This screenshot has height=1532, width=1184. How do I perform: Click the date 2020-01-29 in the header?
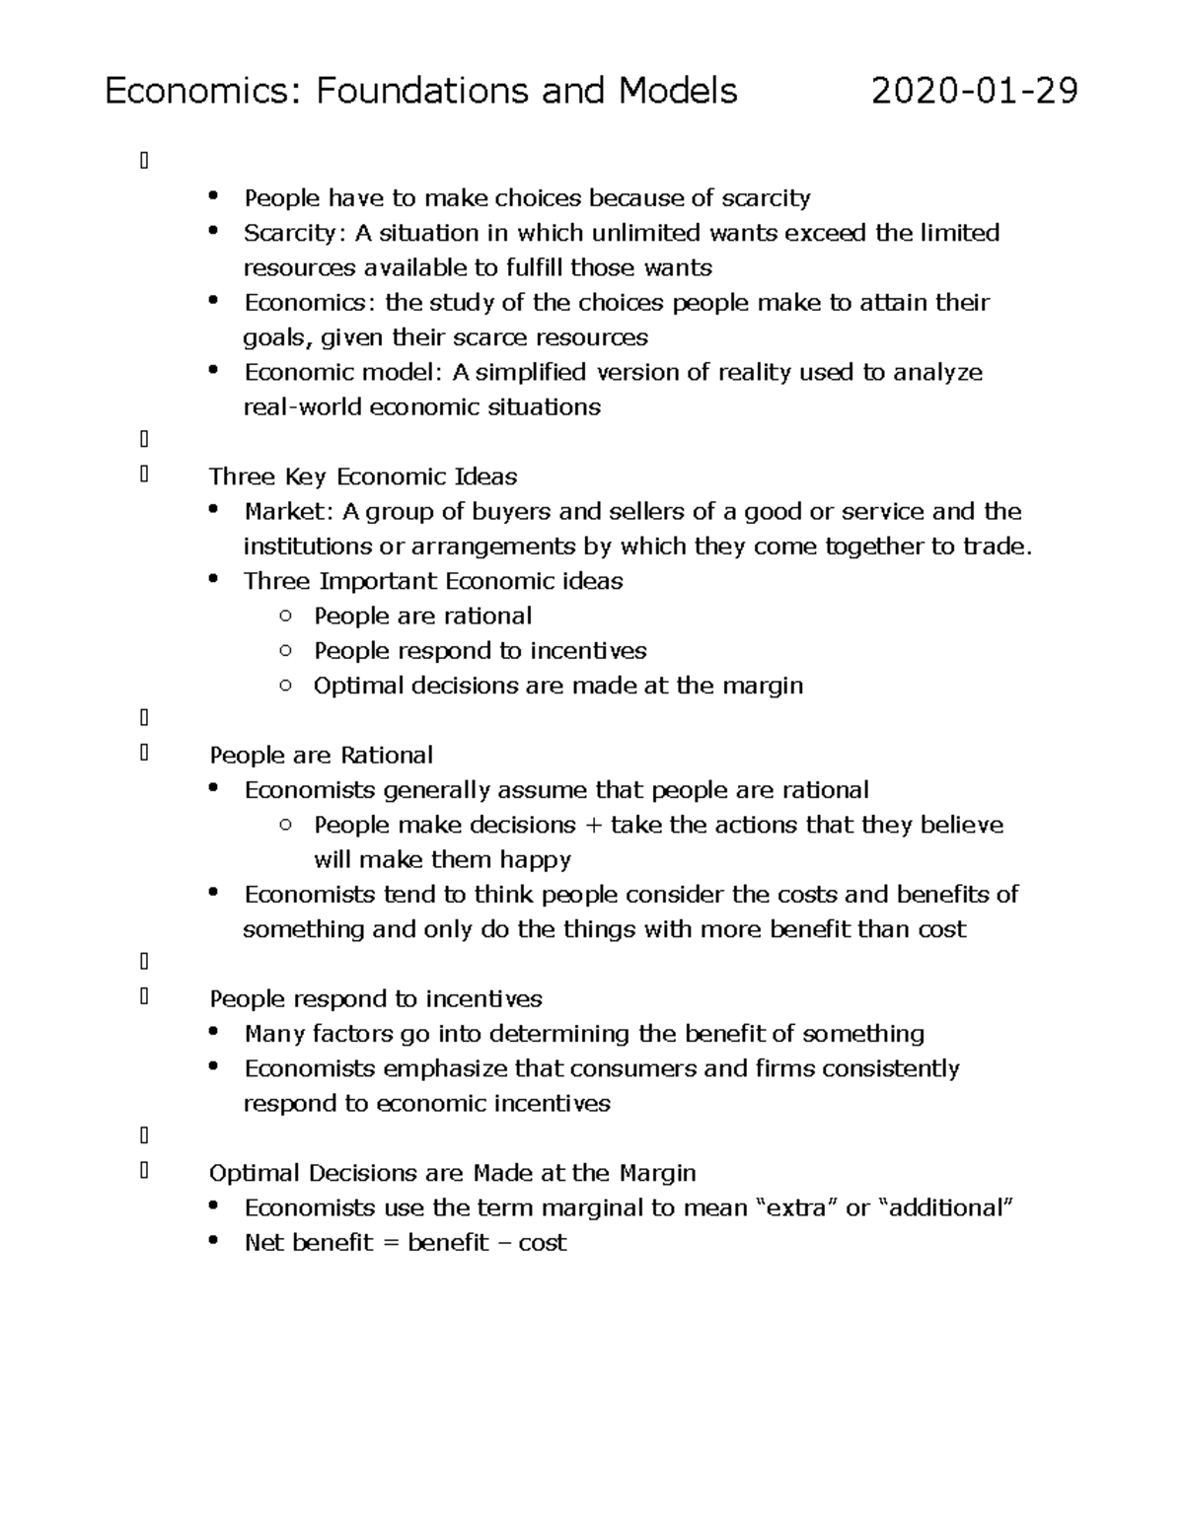(974, 91)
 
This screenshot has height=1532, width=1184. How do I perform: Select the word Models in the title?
(678, 91)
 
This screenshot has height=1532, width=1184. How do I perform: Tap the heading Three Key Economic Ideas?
(363, 476)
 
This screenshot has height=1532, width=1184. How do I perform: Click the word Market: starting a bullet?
(284, 511)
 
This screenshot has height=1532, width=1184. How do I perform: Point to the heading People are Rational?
(321, 755)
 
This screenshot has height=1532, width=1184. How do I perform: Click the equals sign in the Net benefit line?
(390, 1243)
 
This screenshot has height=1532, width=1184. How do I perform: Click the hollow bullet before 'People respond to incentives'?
(285, 650)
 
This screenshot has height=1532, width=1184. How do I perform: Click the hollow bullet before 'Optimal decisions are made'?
(285, 685)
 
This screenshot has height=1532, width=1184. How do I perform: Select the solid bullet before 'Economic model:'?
(214, 370)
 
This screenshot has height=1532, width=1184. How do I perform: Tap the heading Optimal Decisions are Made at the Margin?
(452, 1173)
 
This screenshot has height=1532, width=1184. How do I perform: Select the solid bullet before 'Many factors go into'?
(214, 1032)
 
